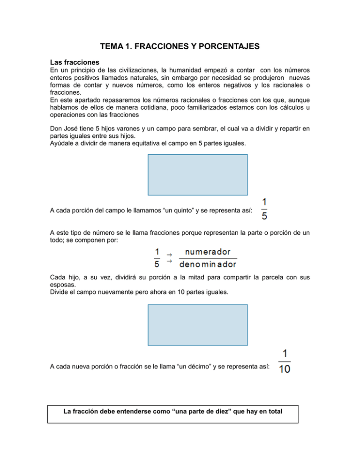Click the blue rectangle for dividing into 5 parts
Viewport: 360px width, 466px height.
[x=198, y=175]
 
